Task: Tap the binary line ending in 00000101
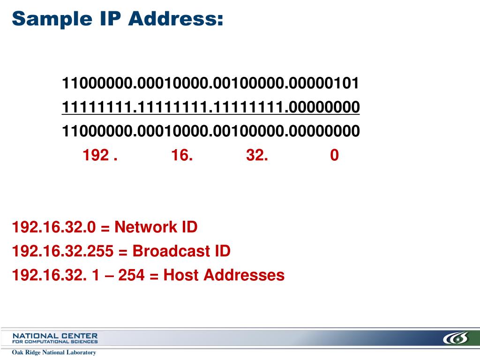click(x=211, y=84)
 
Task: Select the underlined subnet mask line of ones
click(x=211, y=107)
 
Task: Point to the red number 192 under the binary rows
click(x=96, y=155)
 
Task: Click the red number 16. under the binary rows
click(x=182, y=155)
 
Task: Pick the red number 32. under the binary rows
click(x=257, y=155)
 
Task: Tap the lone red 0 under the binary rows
click(x=334, y=155)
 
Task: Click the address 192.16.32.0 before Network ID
click(x=54, y=228)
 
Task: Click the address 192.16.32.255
click(x=63, y=251)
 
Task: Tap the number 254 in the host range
click(x=131, y=275)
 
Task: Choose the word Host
click(x=180, y=275)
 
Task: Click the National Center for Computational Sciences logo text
click(x=55, y=338)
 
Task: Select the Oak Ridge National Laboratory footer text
click(x=54, y=352)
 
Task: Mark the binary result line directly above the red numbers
click(x=211, y=131)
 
